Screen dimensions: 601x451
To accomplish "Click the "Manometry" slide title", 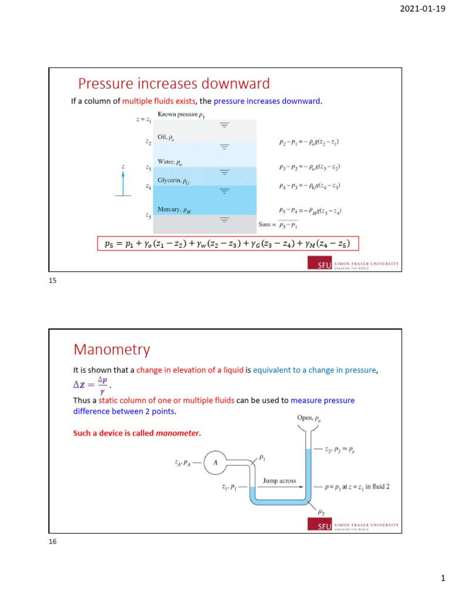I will tap(112, 350).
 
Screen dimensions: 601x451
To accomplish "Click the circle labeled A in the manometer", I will tap(215, 462).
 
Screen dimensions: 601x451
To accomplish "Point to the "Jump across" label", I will tap(279, 480).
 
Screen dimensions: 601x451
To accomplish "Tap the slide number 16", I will tap(52, 542).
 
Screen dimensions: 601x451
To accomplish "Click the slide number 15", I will tap(52, 281).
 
